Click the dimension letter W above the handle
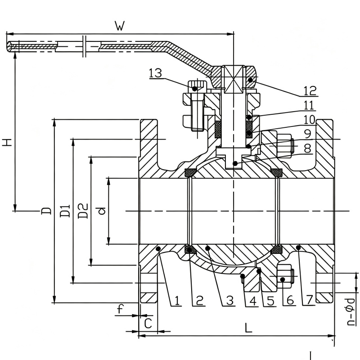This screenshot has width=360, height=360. (x=120, y=26)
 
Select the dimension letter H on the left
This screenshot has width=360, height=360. (x=7, y=142)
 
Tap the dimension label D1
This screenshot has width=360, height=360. (x=65, y=211)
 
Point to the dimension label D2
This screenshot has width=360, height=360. (x=83, y=211)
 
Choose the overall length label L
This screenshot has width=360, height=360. (x=248, y=328)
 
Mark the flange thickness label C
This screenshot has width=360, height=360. (x=148, y=324)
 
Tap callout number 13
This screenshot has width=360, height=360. (x=155, y=73)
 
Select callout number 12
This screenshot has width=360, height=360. (x=310, y=91)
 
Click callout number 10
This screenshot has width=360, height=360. (x=309, y=120)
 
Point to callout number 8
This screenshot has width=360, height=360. (x=308, y=148)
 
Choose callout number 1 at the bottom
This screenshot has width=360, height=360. (x=177, y=301)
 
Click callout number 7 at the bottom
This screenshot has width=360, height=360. (x=309, y=300)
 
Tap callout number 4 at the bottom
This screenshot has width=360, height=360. (x=253, y=301)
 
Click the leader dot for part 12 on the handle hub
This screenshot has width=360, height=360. (x=250, y=80)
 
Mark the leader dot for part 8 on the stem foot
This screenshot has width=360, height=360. (x=235, y=163)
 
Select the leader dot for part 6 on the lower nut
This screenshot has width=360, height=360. (x=283, y=279)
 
